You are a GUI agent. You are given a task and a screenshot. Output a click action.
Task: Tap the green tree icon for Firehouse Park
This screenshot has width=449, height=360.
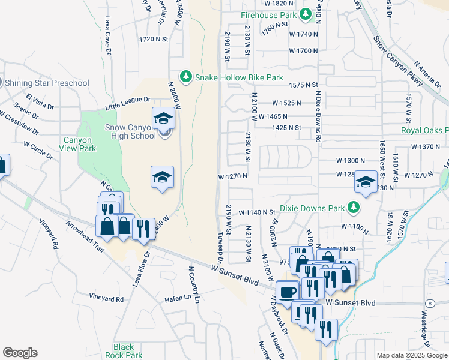click(x=306, y=13)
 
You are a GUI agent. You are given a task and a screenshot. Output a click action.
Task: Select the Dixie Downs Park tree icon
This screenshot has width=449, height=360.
click(x=354, y=208)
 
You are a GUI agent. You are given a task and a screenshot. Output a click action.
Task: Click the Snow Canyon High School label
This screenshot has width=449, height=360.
click(x=130, y=131)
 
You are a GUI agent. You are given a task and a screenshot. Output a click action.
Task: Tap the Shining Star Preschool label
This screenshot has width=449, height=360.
click(x=47, y=83)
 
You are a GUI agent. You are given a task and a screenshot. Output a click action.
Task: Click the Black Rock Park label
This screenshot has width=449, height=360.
click(x=124, y=351)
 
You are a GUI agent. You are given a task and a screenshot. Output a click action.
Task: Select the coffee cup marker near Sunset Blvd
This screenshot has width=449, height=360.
click(x=288, y=292)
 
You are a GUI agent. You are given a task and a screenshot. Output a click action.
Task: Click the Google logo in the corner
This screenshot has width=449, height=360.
click(x=20, y=353)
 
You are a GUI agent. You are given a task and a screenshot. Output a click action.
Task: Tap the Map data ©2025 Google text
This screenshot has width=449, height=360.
click(x=411, y=355)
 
